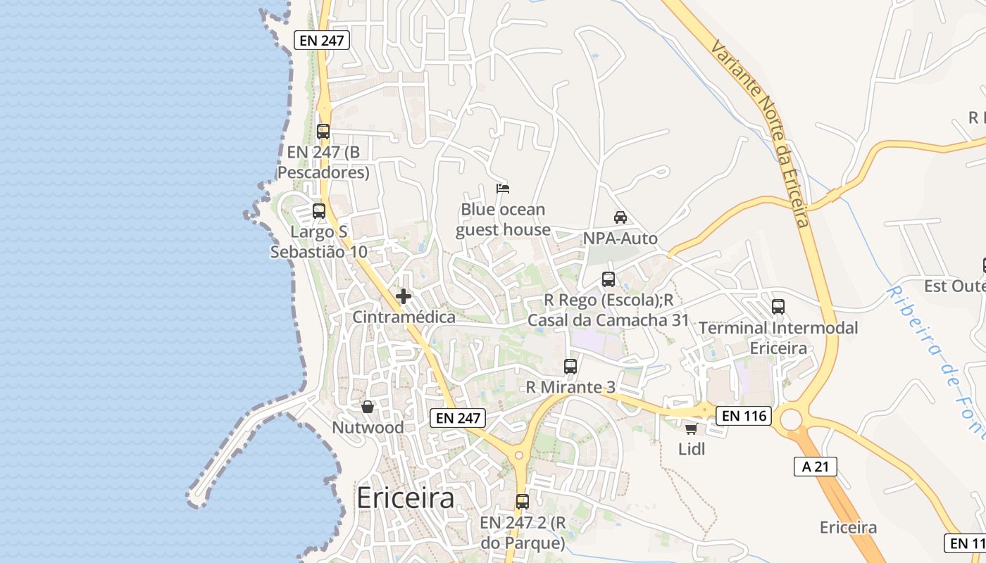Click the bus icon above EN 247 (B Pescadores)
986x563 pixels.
(x=323, y=132)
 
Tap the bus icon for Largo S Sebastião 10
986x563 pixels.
(x=319, y=211)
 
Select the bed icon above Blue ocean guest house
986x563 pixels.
(x=503, y=188)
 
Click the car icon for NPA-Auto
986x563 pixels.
(x=620, y=217)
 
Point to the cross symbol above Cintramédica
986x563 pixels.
(x=404, y=296)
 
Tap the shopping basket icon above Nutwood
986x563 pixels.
(x=368, y=407)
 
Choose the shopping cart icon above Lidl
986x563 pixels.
(x=691, y=428)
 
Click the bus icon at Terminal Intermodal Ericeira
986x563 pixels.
(x=778, y=307)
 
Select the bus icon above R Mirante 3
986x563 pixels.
(x=570, y=367)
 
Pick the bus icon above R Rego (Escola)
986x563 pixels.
(x=609, y=279)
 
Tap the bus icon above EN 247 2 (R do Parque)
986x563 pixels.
(x=523, y=502)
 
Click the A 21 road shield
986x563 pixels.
(x=816, y=466)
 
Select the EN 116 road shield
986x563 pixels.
(x=744, y=416)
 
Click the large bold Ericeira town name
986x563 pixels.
(x=405, y=498)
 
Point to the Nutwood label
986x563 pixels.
(x=368, y=427)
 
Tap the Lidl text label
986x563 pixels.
(x=692, y=448)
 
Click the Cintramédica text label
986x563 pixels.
(x=404, y=317)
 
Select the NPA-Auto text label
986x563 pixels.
(x=620, y=239)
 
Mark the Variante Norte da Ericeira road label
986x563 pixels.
(x=761, y=134)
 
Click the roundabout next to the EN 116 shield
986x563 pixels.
(x=792, y=420)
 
